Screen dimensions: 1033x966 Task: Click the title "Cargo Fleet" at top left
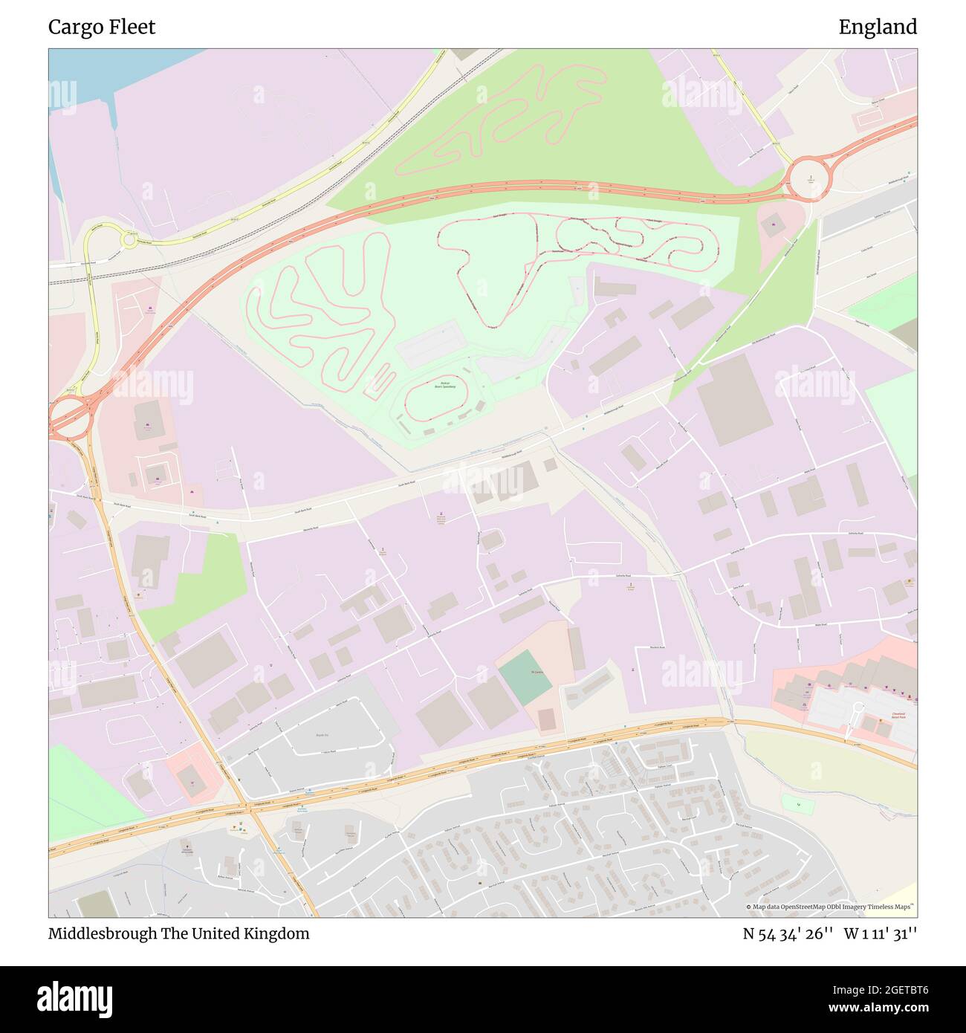click(102, 27)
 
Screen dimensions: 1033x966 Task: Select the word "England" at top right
click(878, 27)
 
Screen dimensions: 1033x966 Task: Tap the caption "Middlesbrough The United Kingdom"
click(178, 933)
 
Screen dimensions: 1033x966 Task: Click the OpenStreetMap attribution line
click(831, 907)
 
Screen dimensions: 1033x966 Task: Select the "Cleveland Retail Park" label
click(898, 716)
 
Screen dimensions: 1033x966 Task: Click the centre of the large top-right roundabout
click(809, 179)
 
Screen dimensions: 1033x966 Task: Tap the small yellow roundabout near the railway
click(129, 239)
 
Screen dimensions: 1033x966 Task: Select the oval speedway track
click(436, 398)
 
